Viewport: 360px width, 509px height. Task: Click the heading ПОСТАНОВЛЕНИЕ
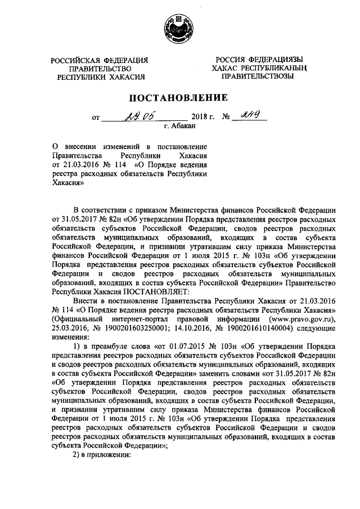(x=179, y=97)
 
